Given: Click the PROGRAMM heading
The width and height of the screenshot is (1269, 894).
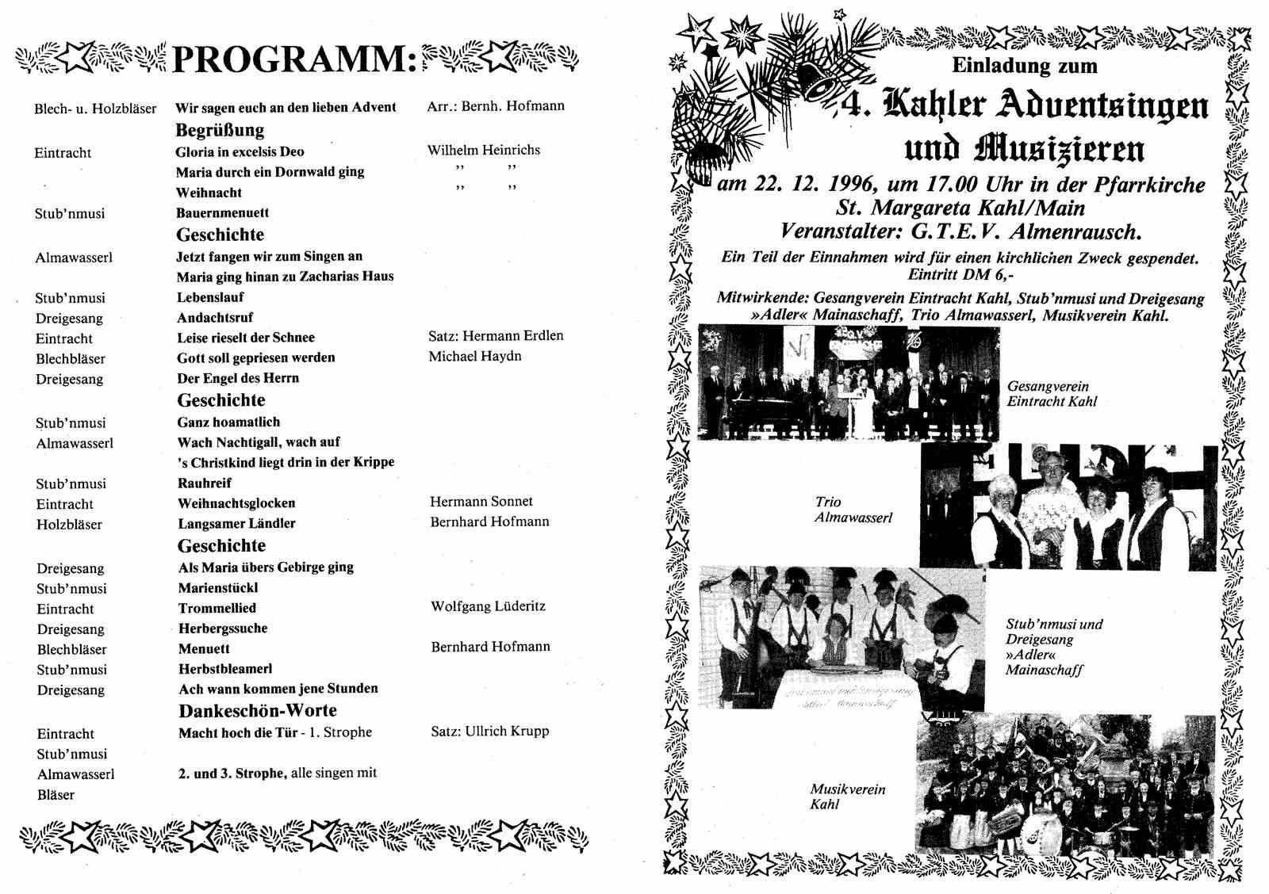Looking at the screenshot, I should pyautogui.click(x=293, y=59).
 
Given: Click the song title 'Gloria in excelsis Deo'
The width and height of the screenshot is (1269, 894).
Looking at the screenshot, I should pyautogui.click(x=240, y=151).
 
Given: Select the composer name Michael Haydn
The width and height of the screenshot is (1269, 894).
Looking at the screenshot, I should pyautogui.click(x=475, y=357).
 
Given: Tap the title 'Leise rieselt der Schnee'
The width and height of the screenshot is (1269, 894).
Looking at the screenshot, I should pyautogui.click(x=246, y=338).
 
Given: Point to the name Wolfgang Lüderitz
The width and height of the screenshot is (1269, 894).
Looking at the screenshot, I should pyautogui.click(x=488, y=606).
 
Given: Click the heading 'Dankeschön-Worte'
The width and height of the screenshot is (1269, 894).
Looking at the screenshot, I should pyautogui.click(x=258, y=711).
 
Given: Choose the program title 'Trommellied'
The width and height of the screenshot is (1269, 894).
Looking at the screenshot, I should pyautogui.click(x=217, y=608).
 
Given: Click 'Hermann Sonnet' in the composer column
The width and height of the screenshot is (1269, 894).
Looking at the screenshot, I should pyautogui.click(x=481, y=502).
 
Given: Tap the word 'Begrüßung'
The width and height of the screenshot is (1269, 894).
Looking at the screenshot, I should pyautogui.click(x=220, y=130).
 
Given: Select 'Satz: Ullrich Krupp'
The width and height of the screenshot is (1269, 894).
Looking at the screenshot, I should pyautogui.click(x=489, y=732).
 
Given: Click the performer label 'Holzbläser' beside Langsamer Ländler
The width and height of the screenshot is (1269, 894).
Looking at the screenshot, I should pyautogui.click(x=69, y=524).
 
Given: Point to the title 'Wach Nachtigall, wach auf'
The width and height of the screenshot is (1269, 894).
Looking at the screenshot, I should pyautogui.click(x=259, y=442).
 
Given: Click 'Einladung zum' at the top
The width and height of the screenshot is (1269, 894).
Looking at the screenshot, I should pyautogui.click(x=1024, y=65).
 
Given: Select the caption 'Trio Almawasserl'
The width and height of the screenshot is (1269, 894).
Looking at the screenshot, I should pyautogui.click(x=853, y=510).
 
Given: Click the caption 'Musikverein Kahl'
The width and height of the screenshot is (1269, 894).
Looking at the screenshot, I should pyautogui.click(x=847, y=797).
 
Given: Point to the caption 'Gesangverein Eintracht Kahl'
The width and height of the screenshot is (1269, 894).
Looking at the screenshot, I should pyautogui.click(x=1052, y=394).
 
